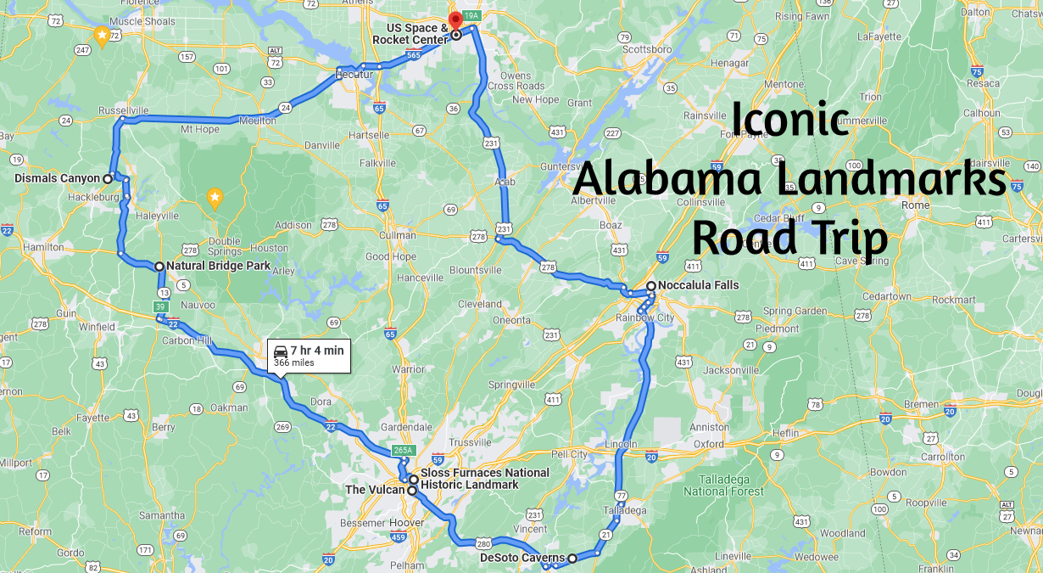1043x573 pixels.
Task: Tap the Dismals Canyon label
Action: (58, 178)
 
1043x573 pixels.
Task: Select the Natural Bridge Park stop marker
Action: (159, 267)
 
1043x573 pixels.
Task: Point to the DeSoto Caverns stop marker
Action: (572, 558)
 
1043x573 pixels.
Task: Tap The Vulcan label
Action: (374, 490)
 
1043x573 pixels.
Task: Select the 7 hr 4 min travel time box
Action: (310, 356)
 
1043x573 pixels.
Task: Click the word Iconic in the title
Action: (790, 119)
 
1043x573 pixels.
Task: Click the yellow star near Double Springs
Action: (215, 199)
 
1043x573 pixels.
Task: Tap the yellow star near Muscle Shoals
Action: (102, 36)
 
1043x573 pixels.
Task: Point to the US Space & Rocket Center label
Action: (411, 35)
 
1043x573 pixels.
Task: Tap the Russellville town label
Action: (124, 110)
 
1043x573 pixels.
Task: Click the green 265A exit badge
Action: (402, 451)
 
